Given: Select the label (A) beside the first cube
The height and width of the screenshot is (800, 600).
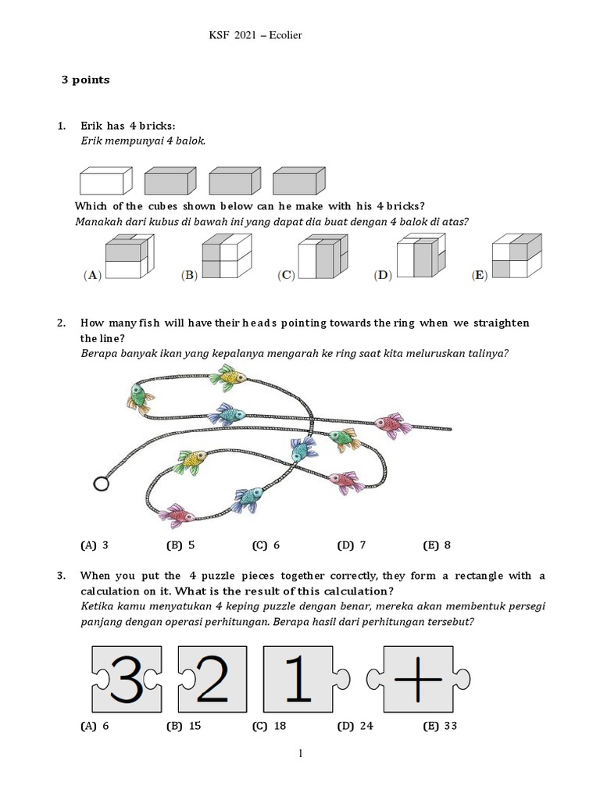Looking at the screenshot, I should point(92,275).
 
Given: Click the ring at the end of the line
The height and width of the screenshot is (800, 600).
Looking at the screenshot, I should point(101,484).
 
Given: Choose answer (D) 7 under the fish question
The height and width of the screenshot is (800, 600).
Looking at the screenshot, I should point(352,545).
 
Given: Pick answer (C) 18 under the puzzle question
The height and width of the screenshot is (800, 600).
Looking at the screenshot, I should point(269,726).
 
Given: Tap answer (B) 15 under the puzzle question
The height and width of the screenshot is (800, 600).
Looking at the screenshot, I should point(184,726).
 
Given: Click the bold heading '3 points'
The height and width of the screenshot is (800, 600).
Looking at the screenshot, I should point(86,80).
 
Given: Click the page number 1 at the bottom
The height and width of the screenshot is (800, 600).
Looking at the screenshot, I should point(299,754).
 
